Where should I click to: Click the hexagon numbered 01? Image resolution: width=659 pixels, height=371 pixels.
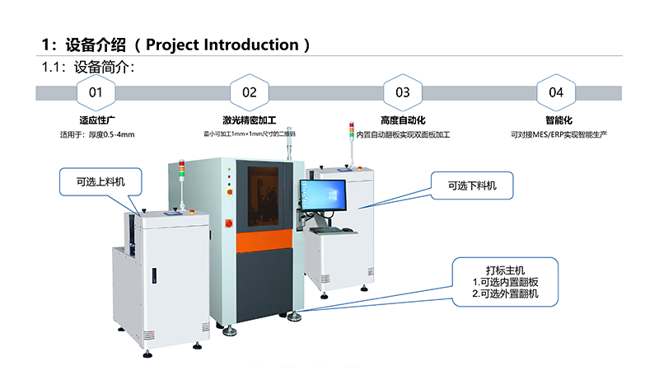coord(96,92)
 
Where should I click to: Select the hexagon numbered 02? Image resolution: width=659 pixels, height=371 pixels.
coord(249,92)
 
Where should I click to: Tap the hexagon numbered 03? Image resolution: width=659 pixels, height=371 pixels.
coord(402,92)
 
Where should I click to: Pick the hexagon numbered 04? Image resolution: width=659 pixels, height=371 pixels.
coord(556,92)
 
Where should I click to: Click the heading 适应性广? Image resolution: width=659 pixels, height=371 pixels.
coord(96,120)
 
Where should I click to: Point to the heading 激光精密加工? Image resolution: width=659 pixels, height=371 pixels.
coord(249,120)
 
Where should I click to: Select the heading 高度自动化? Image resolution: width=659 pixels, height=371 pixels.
coord(402,120)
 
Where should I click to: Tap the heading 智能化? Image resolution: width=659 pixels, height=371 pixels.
coord(556,120)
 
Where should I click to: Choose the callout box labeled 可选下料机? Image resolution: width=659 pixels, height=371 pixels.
coord(471,186)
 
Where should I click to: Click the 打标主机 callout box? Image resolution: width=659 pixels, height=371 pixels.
coord(505,281)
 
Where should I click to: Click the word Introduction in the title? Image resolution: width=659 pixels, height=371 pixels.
coord(252,45)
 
